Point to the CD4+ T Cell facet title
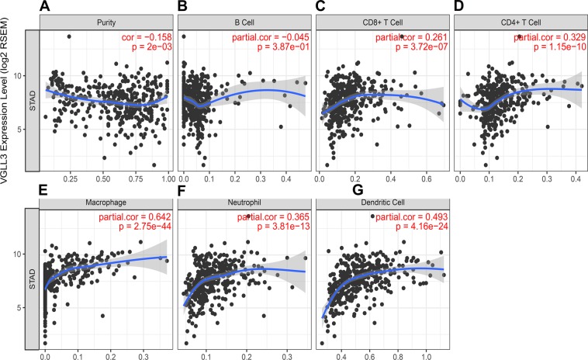click(518, 23)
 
